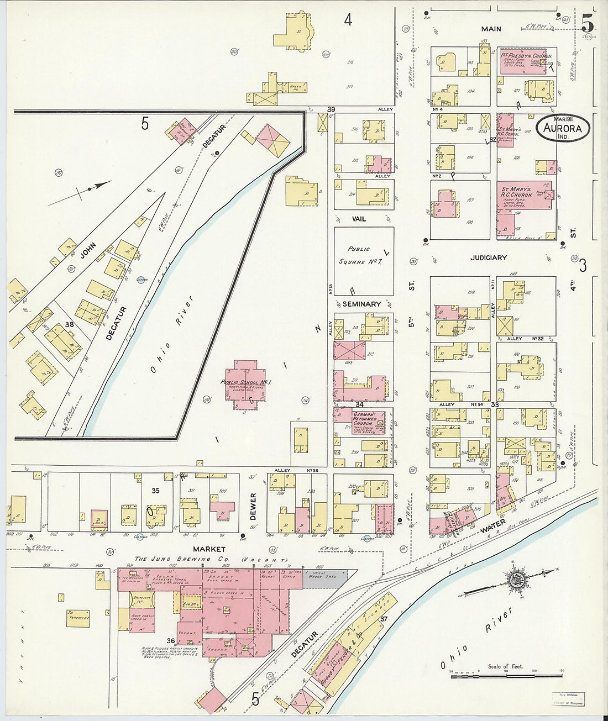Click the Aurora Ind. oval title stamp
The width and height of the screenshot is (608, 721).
563,127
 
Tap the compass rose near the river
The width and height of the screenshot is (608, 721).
519,580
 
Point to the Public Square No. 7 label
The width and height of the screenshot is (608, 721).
359,256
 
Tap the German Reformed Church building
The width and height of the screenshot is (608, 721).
361,422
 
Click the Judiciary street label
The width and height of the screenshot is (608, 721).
489,257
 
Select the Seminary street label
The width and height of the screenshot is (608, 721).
361,304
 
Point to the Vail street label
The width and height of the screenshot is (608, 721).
359,219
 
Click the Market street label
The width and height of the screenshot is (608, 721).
209,549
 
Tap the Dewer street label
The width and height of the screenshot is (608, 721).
253,506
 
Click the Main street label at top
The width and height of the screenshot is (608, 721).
491,29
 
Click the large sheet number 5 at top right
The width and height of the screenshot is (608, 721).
588,23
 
